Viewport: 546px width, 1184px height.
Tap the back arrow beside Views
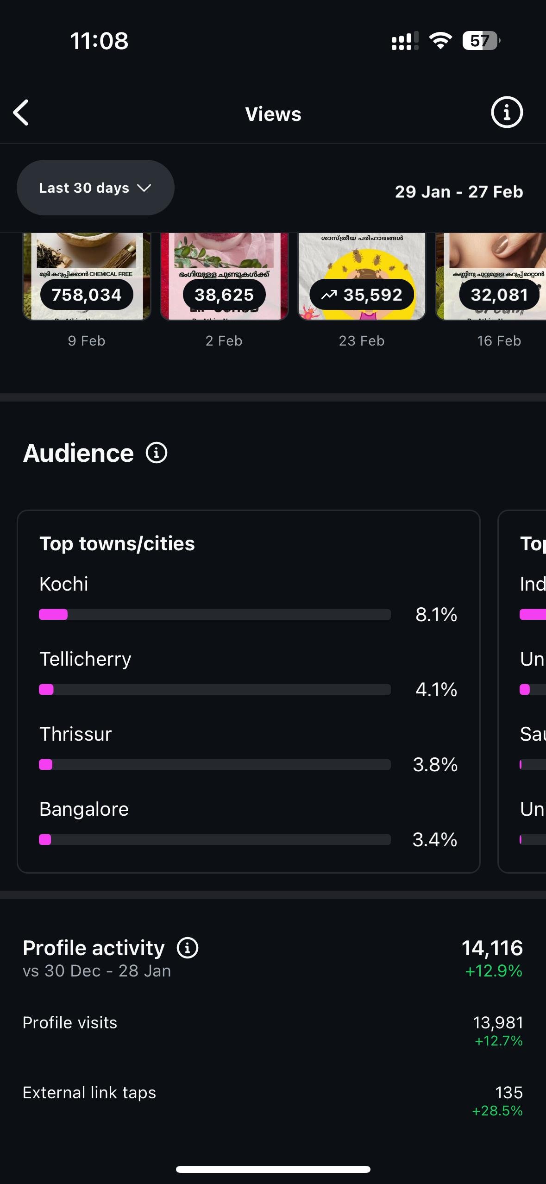point(21,113)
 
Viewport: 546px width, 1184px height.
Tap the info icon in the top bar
point(507,113)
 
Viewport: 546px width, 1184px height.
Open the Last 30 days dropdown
point(95,188)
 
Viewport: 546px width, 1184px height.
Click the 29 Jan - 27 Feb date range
point(458,192)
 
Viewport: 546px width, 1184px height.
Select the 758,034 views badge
point(87,295)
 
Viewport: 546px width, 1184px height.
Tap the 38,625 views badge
point(224,295)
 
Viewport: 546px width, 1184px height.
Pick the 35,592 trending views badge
point(362,295)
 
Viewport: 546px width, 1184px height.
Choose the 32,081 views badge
point(499,295)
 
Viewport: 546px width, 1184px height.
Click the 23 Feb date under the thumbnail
point(362,341)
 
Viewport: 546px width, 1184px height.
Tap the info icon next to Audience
point(157,453)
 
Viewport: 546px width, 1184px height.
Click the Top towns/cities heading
point(117,544)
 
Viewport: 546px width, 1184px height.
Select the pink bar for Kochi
point(53,615)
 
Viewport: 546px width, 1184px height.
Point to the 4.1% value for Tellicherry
point(436,690)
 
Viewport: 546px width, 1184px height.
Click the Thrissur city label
point(75,734)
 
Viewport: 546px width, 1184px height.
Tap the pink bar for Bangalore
point(45,840)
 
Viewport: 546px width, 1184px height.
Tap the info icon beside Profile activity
point(188,948)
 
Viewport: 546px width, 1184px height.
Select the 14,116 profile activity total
point(492,948)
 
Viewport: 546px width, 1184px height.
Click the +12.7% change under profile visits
point(498,1041)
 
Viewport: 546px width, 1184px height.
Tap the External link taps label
point(89,1092)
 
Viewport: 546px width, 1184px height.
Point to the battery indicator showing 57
point(481,41)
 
